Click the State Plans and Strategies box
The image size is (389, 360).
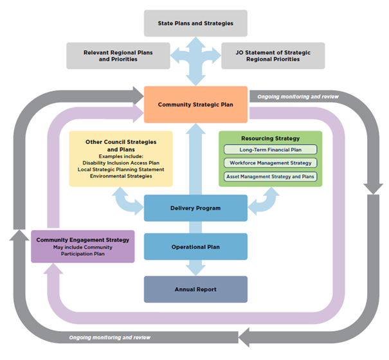click(x=195, y=24)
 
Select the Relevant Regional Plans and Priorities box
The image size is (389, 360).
click(x=118, y=55)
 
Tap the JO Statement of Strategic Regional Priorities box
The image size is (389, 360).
click(x=272, y=55)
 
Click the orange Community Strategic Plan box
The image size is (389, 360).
click(x=195, y=104)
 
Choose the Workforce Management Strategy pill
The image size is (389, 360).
click(x=270, y=163)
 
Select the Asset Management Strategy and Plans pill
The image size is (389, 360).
click(x=270, y=176)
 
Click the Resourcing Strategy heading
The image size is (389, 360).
click(x=270, y=138)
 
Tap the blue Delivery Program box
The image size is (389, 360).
click(x=195, y=208)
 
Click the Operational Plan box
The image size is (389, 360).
click(x=195, y=247)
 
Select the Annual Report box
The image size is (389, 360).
click(x=195, y=289)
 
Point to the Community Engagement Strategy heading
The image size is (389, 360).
click(x=83, y=240)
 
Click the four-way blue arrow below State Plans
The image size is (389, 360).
click(x=195, y=59)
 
